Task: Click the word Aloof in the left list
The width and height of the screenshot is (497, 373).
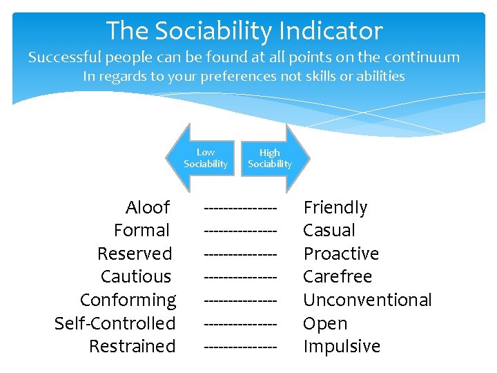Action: click(148, 207)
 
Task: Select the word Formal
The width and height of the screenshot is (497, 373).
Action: click(142, 231)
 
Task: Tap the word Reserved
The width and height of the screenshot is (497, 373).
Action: click(135, 254)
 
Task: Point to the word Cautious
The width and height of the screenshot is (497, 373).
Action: click(136, 277)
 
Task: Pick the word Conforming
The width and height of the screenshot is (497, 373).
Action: click(128, 300)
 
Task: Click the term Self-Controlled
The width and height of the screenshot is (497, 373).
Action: click(115, 323)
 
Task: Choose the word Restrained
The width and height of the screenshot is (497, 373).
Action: click(133, 346)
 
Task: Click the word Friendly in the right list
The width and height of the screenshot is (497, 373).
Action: click(335, 207)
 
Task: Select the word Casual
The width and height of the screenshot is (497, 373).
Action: click(329, 231)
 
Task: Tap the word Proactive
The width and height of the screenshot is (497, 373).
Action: click(341, 254)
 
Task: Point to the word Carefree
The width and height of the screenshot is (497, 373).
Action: click(338, 277)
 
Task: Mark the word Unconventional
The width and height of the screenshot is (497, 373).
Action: click(367, 300)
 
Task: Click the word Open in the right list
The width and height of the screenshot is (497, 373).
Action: click(325, 323)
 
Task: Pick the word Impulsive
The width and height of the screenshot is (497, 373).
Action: click(342, 346)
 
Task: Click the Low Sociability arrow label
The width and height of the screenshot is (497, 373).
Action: click(205, 158)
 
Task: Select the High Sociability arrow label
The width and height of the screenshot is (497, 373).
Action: click(270, 158)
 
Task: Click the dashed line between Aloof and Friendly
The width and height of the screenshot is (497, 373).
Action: click(241, 207)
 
